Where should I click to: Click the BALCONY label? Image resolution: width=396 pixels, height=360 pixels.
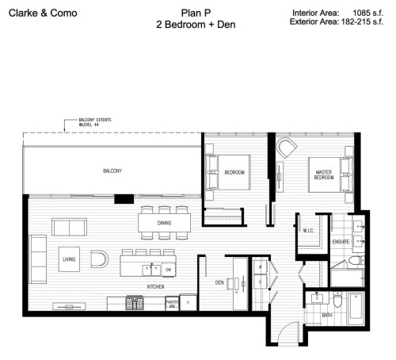[111, 171]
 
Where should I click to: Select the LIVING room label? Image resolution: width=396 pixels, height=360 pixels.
[70, 259]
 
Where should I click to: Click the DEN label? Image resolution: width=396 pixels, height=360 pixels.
[221, 281]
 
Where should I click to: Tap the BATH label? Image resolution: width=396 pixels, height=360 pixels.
[326, 316]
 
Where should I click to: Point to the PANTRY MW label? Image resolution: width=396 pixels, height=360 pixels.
[170, 303]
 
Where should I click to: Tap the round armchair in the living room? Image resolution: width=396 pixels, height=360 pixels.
[100, 259]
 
